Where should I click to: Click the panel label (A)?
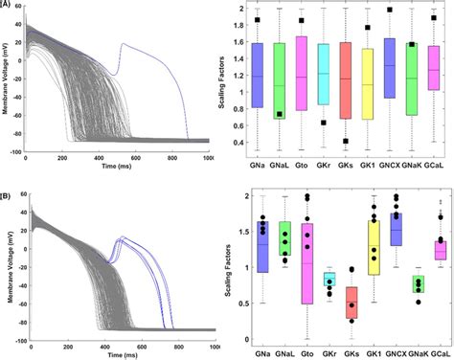click(x=7, y=4)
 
